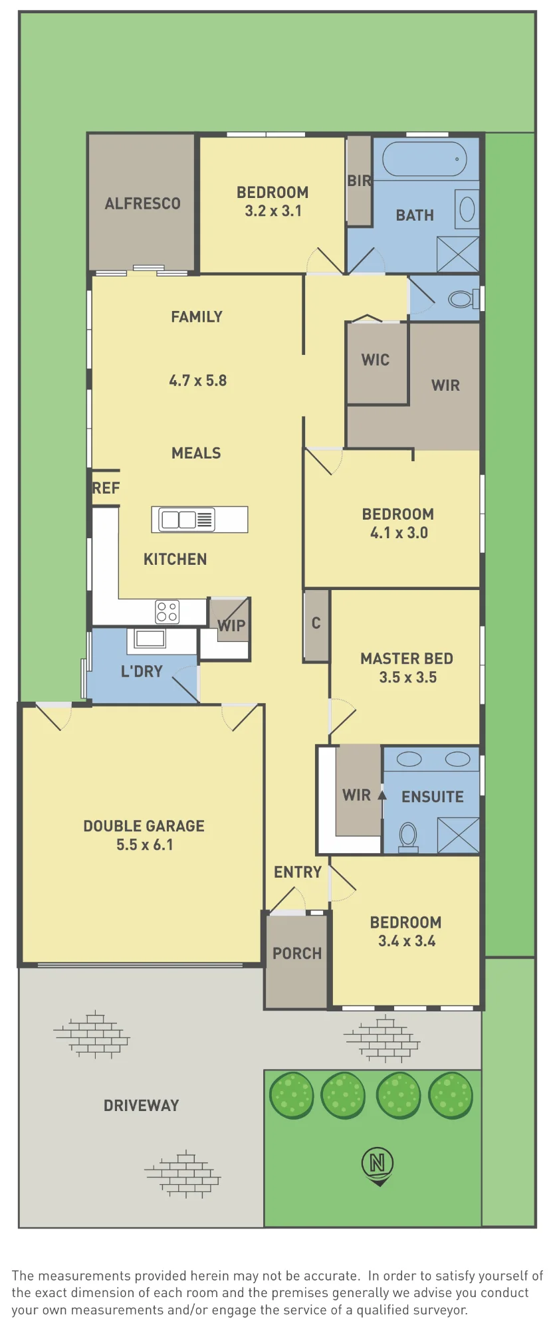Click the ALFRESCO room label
[x=142, y=204]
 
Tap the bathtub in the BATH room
[x=425, y=159]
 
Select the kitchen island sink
[x=187, y=520]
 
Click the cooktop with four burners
[x=167, y=612]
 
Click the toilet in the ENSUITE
[x=408, y=837]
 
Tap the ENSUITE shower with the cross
[x=458, y=835]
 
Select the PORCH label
[x=297, y=954]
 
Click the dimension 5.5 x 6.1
[x=145, y=845]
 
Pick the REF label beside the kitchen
[x=106, y=488]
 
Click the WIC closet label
[x=376, y=360]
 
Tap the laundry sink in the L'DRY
[x=150, y=639]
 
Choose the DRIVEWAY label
[x=142, y=1106]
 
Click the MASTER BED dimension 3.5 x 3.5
[x=408, y=677]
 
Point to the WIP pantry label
[x=232, y=625]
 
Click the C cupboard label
[x=316, y=623]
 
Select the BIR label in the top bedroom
[x=360, y=181]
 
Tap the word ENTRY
[x=298, y=872]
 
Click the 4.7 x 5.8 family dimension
[x=198, y=381]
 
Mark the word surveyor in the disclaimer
[x=439, y=1310]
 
